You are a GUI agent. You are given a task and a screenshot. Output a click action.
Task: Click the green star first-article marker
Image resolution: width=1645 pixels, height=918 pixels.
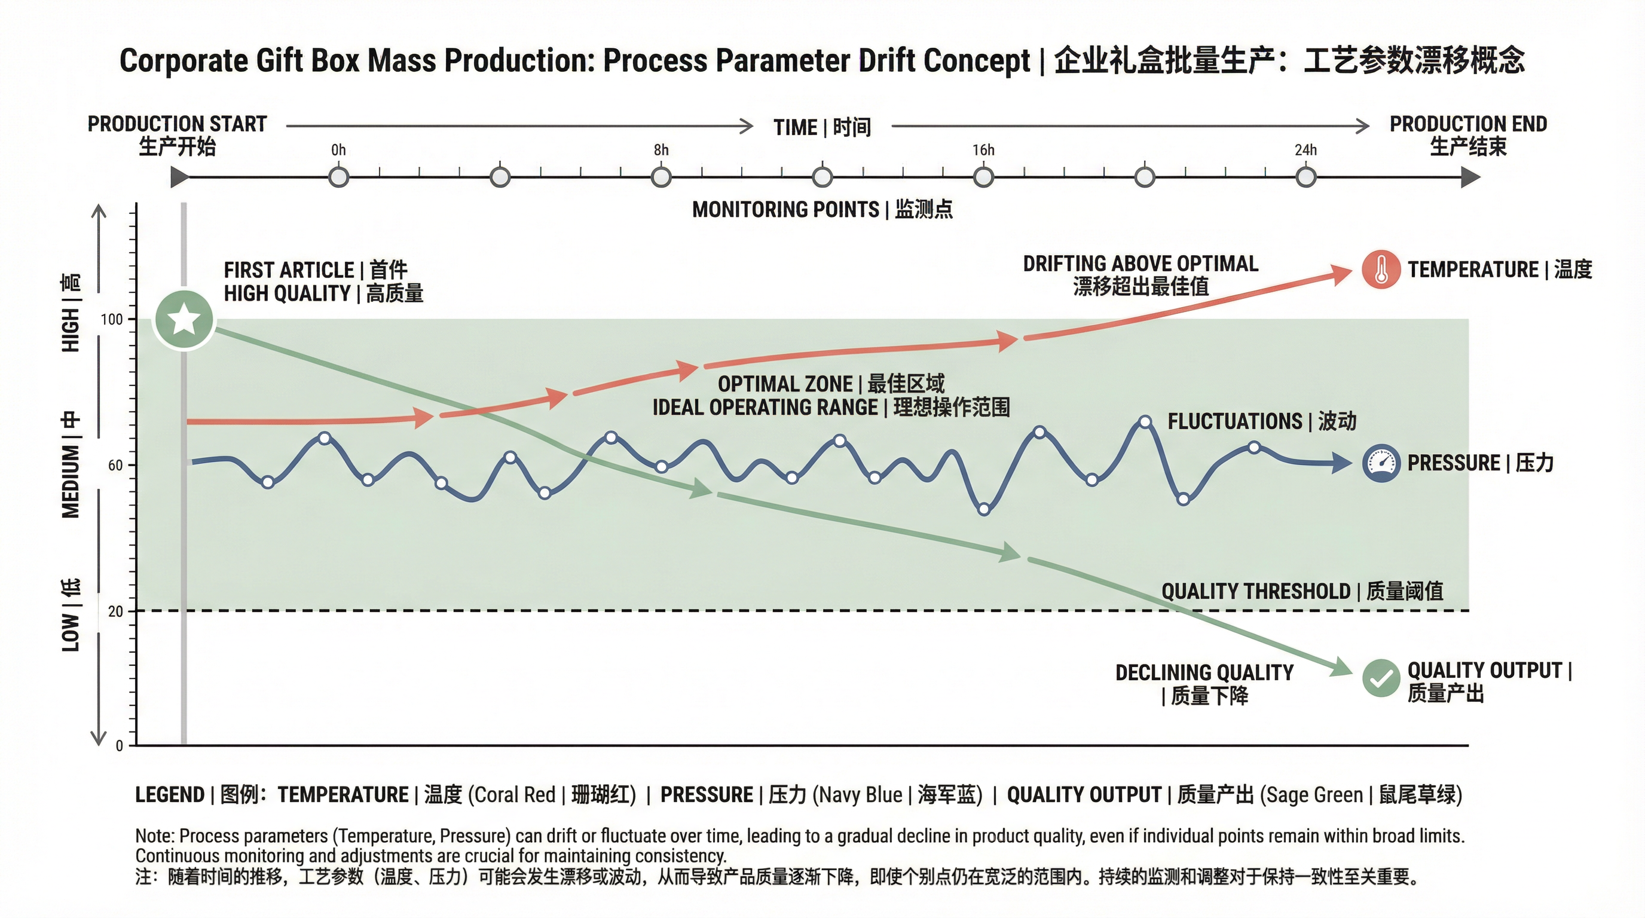pos(184,319)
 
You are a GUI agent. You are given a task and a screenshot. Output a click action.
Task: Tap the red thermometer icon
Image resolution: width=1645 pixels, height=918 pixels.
pos(1381,270)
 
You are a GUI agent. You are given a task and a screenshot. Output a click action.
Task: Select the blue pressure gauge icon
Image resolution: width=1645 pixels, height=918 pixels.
pos(1381,463)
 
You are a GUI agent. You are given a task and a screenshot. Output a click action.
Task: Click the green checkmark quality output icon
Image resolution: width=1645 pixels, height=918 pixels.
pos(1381,678)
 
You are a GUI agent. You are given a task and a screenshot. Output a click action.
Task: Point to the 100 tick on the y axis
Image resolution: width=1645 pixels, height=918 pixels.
pos(112,319)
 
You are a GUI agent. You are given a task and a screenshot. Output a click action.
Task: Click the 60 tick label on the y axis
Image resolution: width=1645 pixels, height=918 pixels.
pos(115,466)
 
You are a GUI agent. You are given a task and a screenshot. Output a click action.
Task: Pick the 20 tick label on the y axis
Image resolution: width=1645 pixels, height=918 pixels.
pos(115,611)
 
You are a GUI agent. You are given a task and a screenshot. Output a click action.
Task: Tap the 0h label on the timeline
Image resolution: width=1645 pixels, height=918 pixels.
pos(338,150)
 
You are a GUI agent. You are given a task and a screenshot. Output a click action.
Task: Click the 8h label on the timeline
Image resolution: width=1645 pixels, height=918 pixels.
pos(661,150)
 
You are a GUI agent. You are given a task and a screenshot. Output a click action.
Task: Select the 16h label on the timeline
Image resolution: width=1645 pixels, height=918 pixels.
pos(983,150)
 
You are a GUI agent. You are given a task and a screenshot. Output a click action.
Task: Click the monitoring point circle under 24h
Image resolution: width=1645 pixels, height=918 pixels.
pos(1306,177)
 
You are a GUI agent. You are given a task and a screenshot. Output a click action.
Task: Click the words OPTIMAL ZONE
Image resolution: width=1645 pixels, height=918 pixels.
pos(785,384)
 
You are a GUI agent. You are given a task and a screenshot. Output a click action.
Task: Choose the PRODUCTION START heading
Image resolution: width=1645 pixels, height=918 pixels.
pos(177,124)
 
